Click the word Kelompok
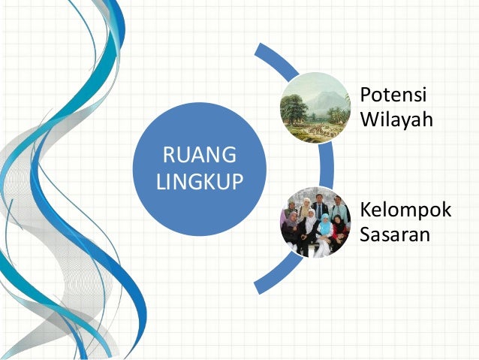(405, 210)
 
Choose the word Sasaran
(394, 234)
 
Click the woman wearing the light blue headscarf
(325, 225)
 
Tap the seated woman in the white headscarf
(310, 222)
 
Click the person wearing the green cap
(291, 208)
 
